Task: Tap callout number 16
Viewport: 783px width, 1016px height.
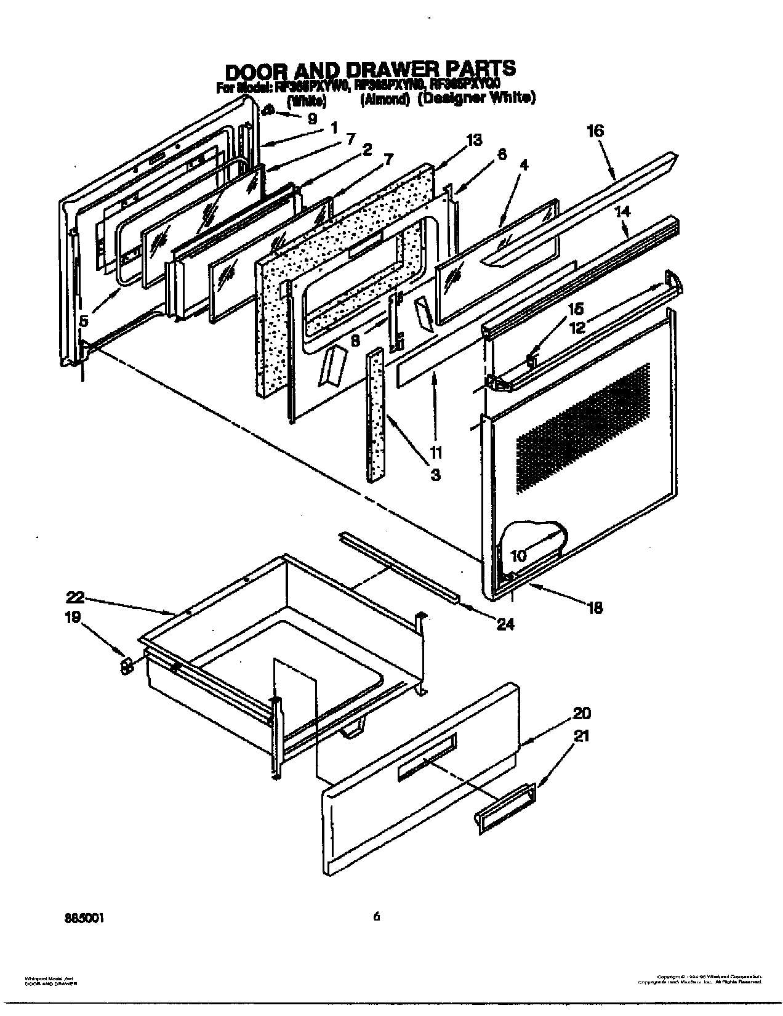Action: coord(595,131)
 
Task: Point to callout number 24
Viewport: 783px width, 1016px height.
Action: coord(505,624)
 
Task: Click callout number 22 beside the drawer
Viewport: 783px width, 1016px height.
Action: coord(75,597)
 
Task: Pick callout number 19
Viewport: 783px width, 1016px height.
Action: coord(73,616)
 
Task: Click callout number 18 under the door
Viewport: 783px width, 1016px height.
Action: coord(595,608)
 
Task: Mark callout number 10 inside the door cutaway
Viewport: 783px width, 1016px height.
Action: coord(518,555)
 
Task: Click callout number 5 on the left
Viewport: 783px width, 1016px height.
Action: coord(84,320)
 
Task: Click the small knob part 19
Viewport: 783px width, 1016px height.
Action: coord(126,666)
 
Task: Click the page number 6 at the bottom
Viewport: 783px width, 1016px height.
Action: coord(376,917)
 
